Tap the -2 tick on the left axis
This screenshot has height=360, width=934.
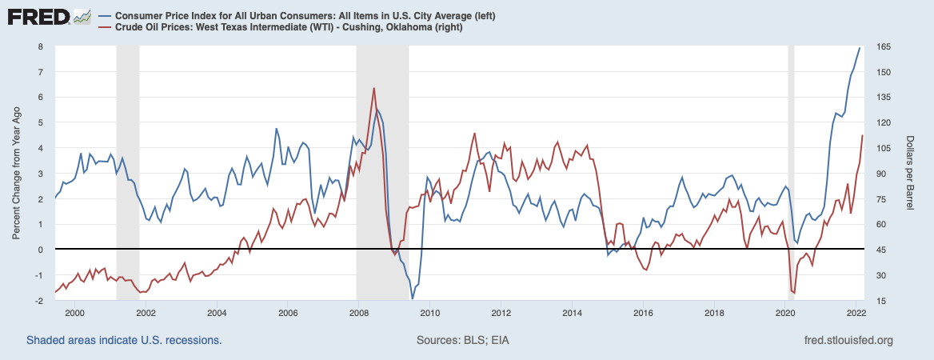click(38, 301)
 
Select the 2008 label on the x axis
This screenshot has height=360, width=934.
click(359, 311)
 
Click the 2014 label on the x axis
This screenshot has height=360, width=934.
click(572, 311)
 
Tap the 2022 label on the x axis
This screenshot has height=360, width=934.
click(856, 311)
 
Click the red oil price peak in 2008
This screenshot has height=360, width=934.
click(373, 88)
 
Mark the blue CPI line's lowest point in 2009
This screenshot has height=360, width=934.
click(413, 299)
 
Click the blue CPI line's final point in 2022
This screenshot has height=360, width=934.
click(860, 48)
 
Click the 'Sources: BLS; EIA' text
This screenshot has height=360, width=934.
click(463, 341)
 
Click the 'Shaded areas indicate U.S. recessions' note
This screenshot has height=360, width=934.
click(124, 341)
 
